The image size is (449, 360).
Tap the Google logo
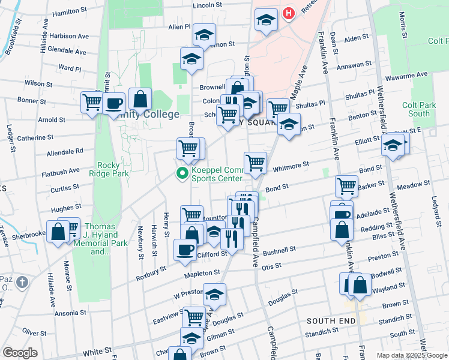pyautogui.click(x=20, y=353)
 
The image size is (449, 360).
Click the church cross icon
pyautogui.click(x=22, y=281)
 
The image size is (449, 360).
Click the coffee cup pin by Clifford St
pyautogui.click(x=185, y=249)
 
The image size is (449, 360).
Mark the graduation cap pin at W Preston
pyautogui.click(x=214, y=294)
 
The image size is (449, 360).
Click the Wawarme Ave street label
pyautogui.click(x=406, y=76)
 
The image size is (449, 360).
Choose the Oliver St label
pyautogui.click(x=34, y=332)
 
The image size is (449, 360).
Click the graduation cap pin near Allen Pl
pyautogui.click(x=204, y=34)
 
